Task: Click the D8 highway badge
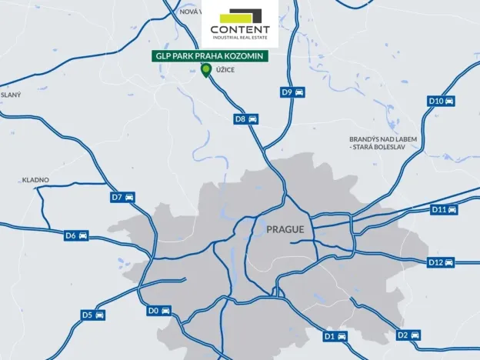246,119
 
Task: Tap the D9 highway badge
292,92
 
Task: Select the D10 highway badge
441,101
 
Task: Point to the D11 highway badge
445,209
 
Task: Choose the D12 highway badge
441,262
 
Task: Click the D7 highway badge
122,197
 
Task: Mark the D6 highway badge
76,235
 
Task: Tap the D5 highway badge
93,315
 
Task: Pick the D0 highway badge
158,310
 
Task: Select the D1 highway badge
335,336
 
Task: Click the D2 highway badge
408,335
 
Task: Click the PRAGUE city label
285,229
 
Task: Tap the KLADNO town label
35,180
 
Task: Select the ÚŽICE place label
225,71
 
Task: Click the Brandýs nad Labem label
382,142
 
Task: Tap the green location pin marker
205,71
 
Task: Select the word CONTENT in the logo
240,30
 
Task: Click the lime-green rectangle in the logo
233,16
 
